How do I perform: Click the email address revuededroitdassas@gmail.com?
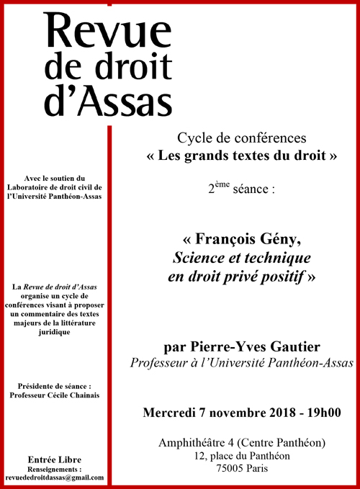click(x=54, y=477)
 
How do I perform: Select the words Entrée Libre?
click(x=54, y=459)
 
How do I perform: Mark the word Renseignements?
click(x=54, y=468)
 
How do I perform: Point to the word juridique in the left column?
click(x=54, y=333)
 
